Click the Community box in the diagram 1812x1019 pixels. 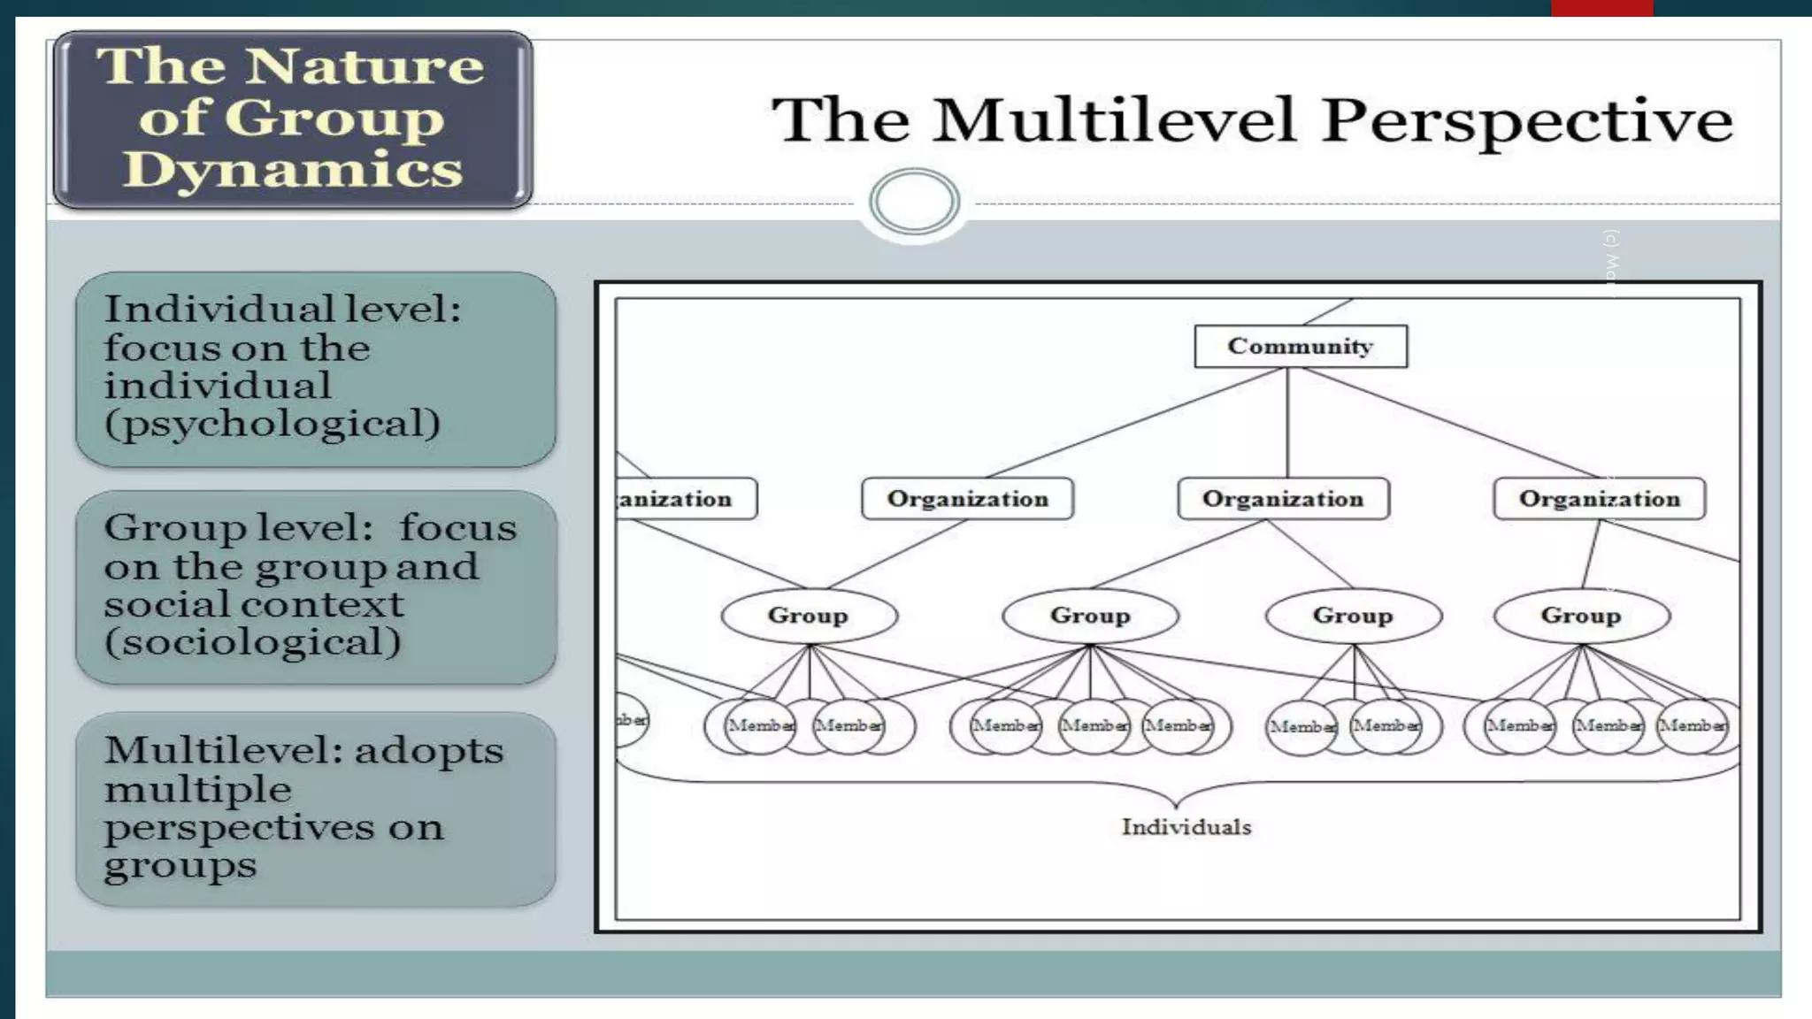[1300, 346]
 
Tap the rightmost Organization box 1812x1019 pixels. [1599, 499]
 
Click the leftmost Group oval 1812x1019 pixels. [808, 615]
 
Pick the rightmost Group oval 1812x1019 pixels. [1581, 615]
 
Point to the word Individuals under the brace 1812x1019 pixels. [1186, 827]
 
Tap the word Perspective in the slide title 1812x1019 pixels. [1527, 121]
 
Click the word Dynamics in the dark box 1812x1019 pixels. [293, 169]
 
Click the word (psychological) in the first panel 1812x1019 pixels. [273, 424]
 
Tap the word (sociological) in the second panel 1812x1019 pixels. [253, 642]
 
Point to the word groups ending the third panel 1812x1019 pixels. [180, 866]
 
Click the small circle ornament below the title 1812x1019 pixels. [914, 201]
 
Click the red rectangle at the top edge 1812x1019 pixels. [1601, 8]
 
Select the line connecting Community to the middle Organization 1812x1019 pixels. [1287, 423]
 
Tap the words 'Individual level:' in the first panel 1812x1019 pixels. [282, 309]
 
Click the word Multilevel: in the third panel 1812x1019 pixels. [225, 750]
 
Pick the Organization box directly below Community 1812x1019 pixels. [1283, 499]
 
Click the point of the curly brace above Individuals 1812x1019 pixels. [1176, 804]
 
